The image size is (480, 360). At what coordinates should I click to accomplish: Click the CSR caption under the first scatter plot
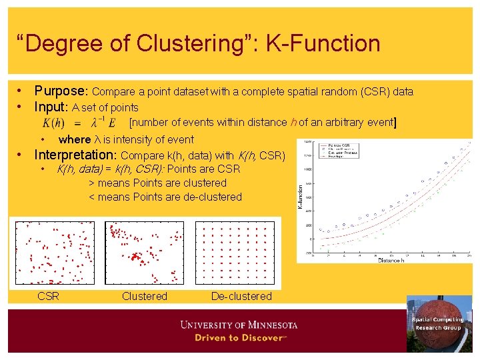tap(49, 296)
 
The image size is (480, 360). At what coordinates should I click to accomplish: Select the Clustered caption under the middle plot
tap(144, 296)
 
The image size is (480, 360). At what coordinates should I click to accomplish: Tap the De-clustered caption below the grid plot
tap(241, 296)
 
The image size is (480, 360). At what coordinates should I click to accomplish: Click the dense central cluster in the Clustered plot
tap(136, 256)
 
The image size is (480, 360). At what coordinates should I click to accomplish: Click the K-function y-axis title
tap(299, 196)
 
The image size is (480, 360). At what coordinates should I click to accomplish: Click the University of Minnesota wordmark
tap(239, 325)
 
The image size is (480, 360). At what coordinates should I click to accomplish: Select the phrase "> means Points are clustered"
tap(157, 183)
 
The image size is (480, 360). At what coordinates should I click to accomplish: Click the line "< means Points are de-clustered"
tap(165, 197)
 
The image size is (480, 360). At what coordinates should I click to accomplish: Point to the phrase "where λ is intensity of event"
tap(126, 139)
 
